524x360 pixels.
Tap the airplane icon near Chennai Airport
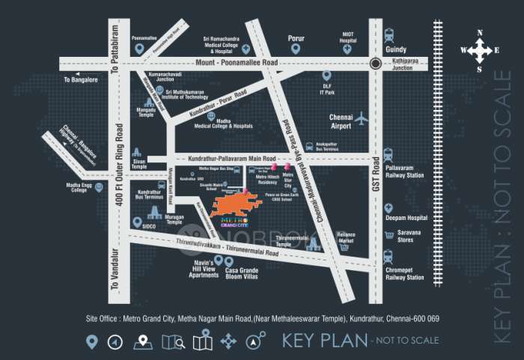pos(362,118)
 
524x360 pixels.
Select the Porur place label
pos(297,37)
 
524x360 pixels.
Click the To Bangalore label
pos(80,79)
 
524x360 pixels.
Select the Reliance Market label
pos(345,237)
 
